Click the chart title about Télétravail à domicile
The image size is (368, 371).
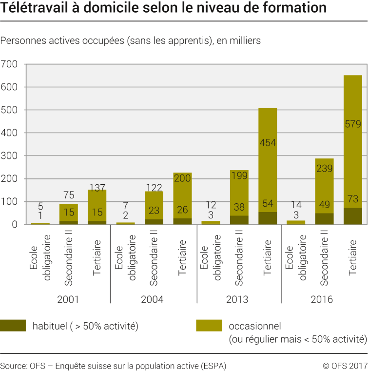coord(163,9)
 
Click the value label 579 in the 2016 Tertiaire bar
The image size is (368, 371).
coord(352,124)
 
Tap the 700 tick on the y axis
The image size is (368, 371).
coord(9,64)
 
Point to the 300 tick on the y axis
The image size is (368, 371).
coord(9,156)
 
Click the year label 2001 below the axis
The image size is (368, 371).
coord(68,299)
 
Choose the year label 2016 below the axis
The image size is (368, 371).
coord(322,299)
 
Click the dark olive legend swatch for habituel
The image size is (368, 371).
coord(13,326)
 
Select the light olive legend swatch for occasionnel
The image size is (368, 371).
coord(209,326)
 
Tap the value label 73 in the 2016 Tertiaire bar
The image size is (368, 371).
coord(352,198)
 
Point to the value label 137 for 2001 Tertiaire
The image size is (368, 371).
coord(97,188)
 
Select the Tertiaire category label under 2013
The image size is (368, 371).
coord(267,258)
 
